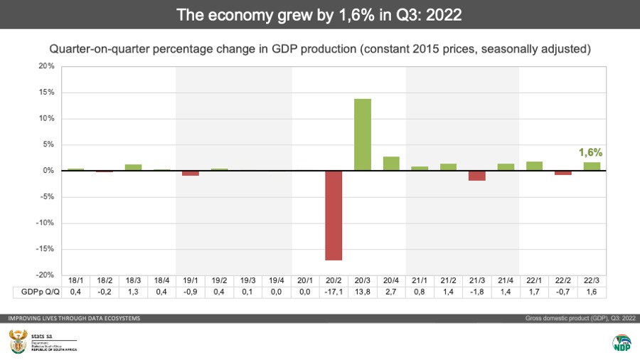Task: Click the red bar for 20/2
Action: tap(334, 216)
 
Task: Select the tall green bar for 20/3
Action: tap(363, 134)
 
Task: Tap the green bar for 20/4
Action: tap(391, 164)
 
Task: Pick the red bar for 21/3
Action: tap(477, 176)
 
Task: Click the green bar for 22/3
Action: tap(592, 166)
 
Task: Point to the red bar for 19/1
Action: tap(191, 173)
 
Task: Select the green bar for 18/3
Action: tap(133, 167)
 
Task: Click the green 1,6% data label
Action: tap(590, 152)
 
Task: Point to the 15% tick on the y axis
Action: tap(46, 92)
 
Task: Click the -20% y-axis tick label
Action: tap(45, 275)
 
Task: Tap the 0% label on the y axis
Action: tap(48, 171)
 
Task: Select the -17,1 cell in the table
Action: tap(334, 292)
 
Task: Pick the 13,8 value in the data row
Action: tap(363, 292)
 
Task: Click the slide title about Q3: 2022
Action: tap(320, 14)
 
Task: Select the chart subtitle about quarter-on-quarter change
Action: tap(320, 49)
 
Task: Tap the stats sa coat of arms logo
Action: tap(17, 340)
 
